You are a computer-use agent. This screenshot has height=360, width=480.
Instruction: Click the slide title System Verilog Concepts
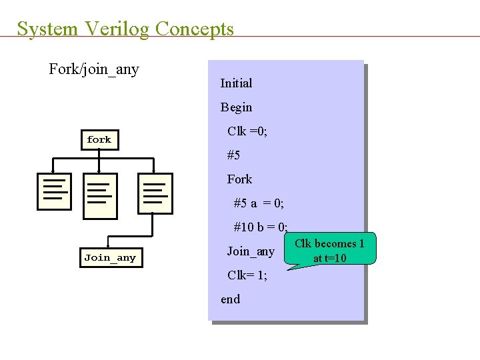[x=125, y=29]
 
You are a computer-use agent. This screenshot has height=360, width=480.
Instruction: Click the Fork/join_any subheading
[x=94, y=69]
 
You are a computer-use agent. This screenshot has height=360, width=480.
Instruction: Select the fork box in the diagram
[x=99, y=139]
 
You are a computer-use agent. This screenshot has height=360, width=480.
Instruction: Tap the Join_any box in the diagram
[x=110, y=258]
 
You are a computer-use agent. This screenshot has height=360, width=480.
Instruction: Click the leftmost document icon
[x=54, y=191]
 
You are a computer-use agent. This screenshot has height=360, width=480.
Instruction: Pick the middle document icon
[x=100, y=195]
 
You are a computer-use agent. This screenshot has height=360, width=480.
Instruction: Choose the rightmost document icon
[x=155, y=193]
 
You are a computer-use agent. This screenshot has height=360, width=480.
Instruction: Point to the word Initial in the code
[x=236, y=83]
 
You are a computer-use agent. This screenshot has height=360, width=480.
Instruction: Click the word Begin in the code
[x=236, y=107]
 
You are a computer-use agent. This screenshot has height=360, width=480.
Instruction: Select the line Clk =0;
[x=247, y=131]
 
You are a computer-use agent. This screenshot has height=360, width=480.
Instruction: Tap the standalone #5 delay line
[x=233, y=155]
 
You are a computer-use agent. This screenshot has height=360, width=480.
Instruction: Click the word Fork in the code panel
[x=239, y=179]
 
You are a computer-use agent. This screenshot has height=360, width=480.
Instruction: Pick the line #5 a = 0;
[x=259, y=203]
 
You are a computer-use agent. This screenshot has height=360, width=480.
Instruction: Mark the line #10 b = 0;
[x=260, y=227]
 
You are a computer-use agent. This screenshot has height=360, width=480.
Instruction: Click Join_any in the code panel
[x=251, y=251]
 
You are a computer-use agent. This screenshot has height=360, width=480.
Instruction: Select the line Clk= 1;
[x=247, y=275]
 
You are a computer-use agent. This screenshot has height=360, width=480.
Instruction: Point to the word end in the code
[x=231, y=299]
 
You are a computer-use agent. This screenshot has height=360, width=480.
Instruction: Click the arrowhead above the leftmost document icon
[x=53, y=170]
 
